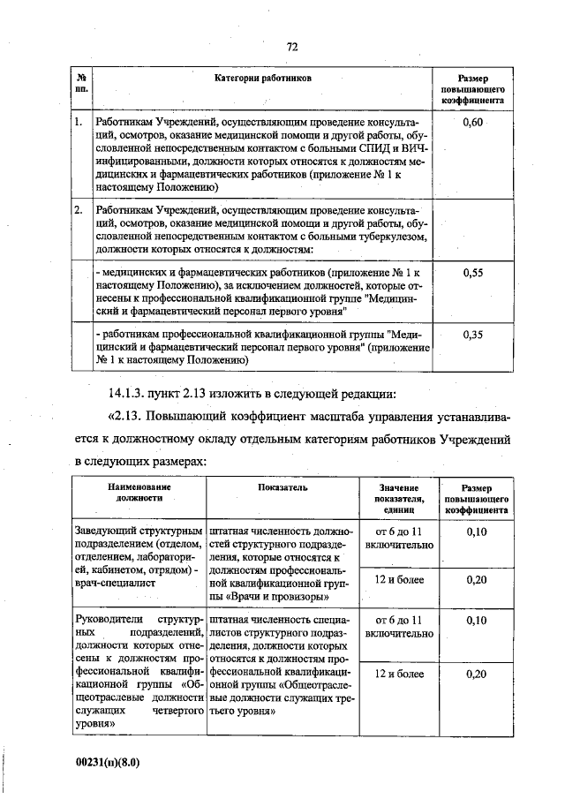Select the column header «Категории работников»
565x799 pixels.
(x=263, y=79)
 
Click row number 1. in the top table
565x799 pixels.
(x=79, y=122)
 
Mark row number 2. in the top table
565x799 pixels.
(x=79, y=211)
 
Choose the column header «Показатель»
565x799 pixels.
(x=282, y=487)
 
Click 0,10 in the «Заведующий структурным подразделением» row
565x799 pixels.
(x=475, y=532)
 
